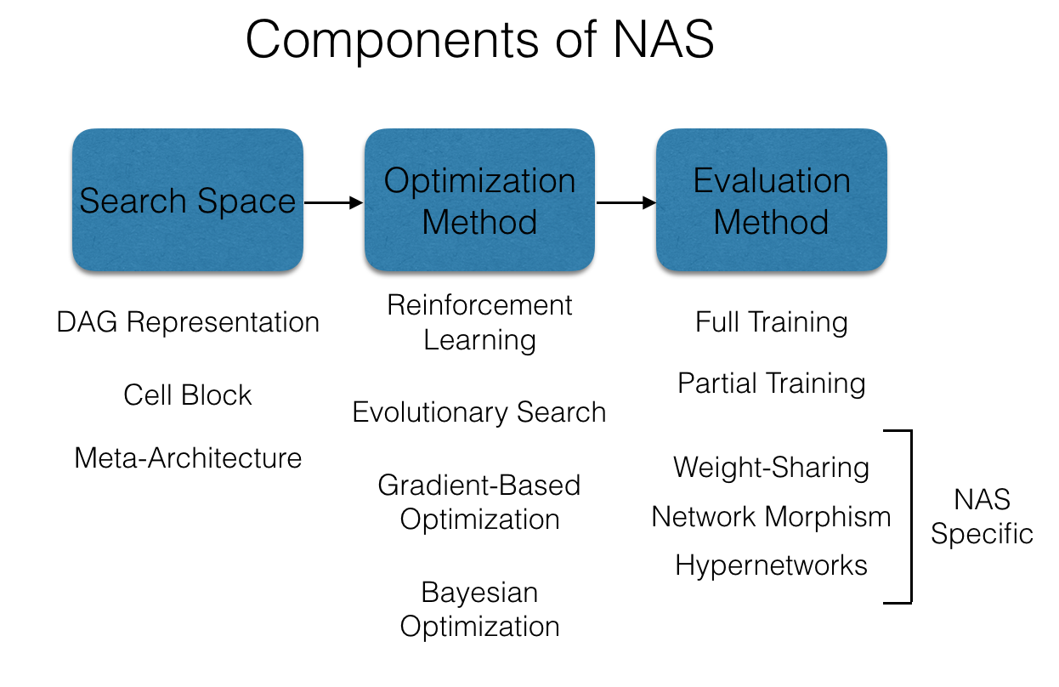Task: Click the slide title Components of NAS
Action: click(479, 40)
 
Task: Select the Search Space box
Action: click(188, 201)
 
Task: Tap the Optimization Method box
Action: click(479, 201)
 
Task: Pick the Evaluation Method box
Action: click(771, 201)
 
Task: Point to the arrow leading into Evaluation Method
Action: click(626, 203)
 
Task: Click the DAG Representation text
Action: click(188, 322)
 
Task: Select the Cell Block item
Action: click(188, 395)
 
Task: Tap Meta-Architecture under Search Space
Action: click(188, 457)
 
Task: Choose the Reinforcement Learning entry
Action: click(479, 322)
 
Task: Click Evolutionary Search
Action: click(479, 412)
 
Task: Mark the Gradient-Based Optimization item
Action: click(479, 502)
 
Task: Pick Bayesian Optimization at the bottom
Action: click(479, 609)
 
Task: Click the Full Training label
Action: click(771, 322)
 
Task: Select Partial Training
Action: click(771, 383)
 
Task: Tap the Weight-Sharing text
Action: click(771, 467)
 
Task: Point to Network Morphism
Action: click(771, 516)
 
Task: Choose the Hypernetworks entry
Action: click(771, 565)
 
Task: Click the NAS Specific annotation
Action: click(982, 516)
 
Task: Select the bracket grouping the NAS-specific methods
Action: click(910, 516)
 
